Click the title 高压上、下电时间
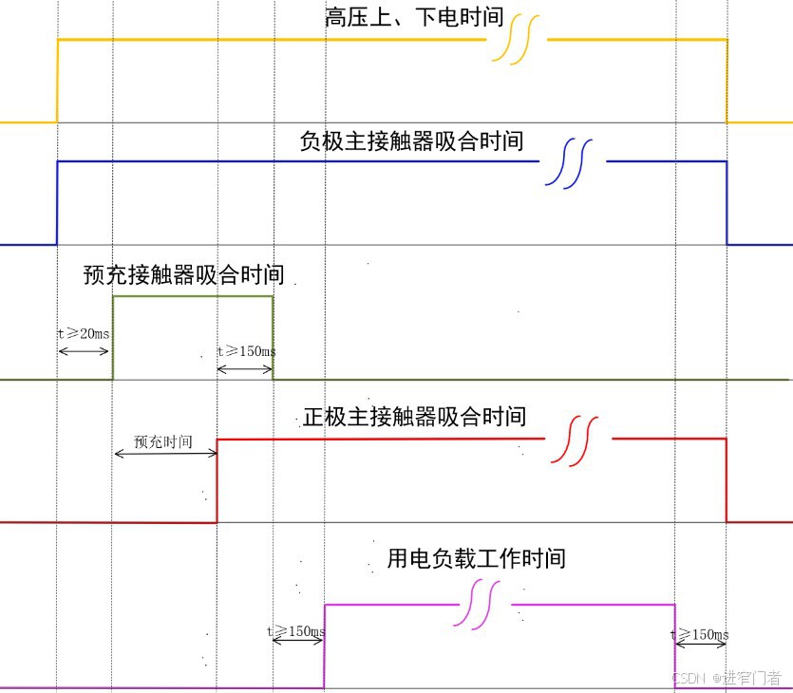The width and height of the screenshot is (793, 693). coord(413,18)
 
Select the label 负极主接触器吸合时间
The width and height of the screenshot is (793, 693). coord(411,141)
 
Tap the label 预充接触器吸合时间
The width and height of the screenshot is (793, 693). coord(183,275)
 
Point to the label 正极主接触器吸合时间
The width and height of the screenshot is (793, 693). coord(415,417)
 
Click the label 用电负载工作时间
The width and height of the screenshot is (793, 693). coord(476,557)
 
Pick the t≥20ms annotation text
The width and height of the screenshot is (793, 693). coord(83,334)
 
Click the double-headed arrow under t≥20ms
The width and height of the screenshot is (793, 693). coord(84,351)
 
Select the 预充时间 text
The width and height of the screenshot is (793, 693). coord(163,441)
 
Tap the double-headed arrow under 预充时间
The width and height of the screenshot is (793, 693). coord(165,454)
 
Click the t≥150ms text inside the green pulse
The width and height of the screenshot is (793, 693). coord(247,351)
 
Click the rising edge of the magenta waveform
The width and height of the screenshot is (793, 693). coord(325,646)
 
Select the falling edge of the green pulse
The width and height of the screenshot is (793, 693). coord(274,337)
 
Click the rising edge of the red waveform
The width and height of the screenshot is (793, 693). coord(217,479)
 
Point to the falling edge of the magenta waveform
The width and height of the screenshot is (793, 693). coord(675,646)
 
